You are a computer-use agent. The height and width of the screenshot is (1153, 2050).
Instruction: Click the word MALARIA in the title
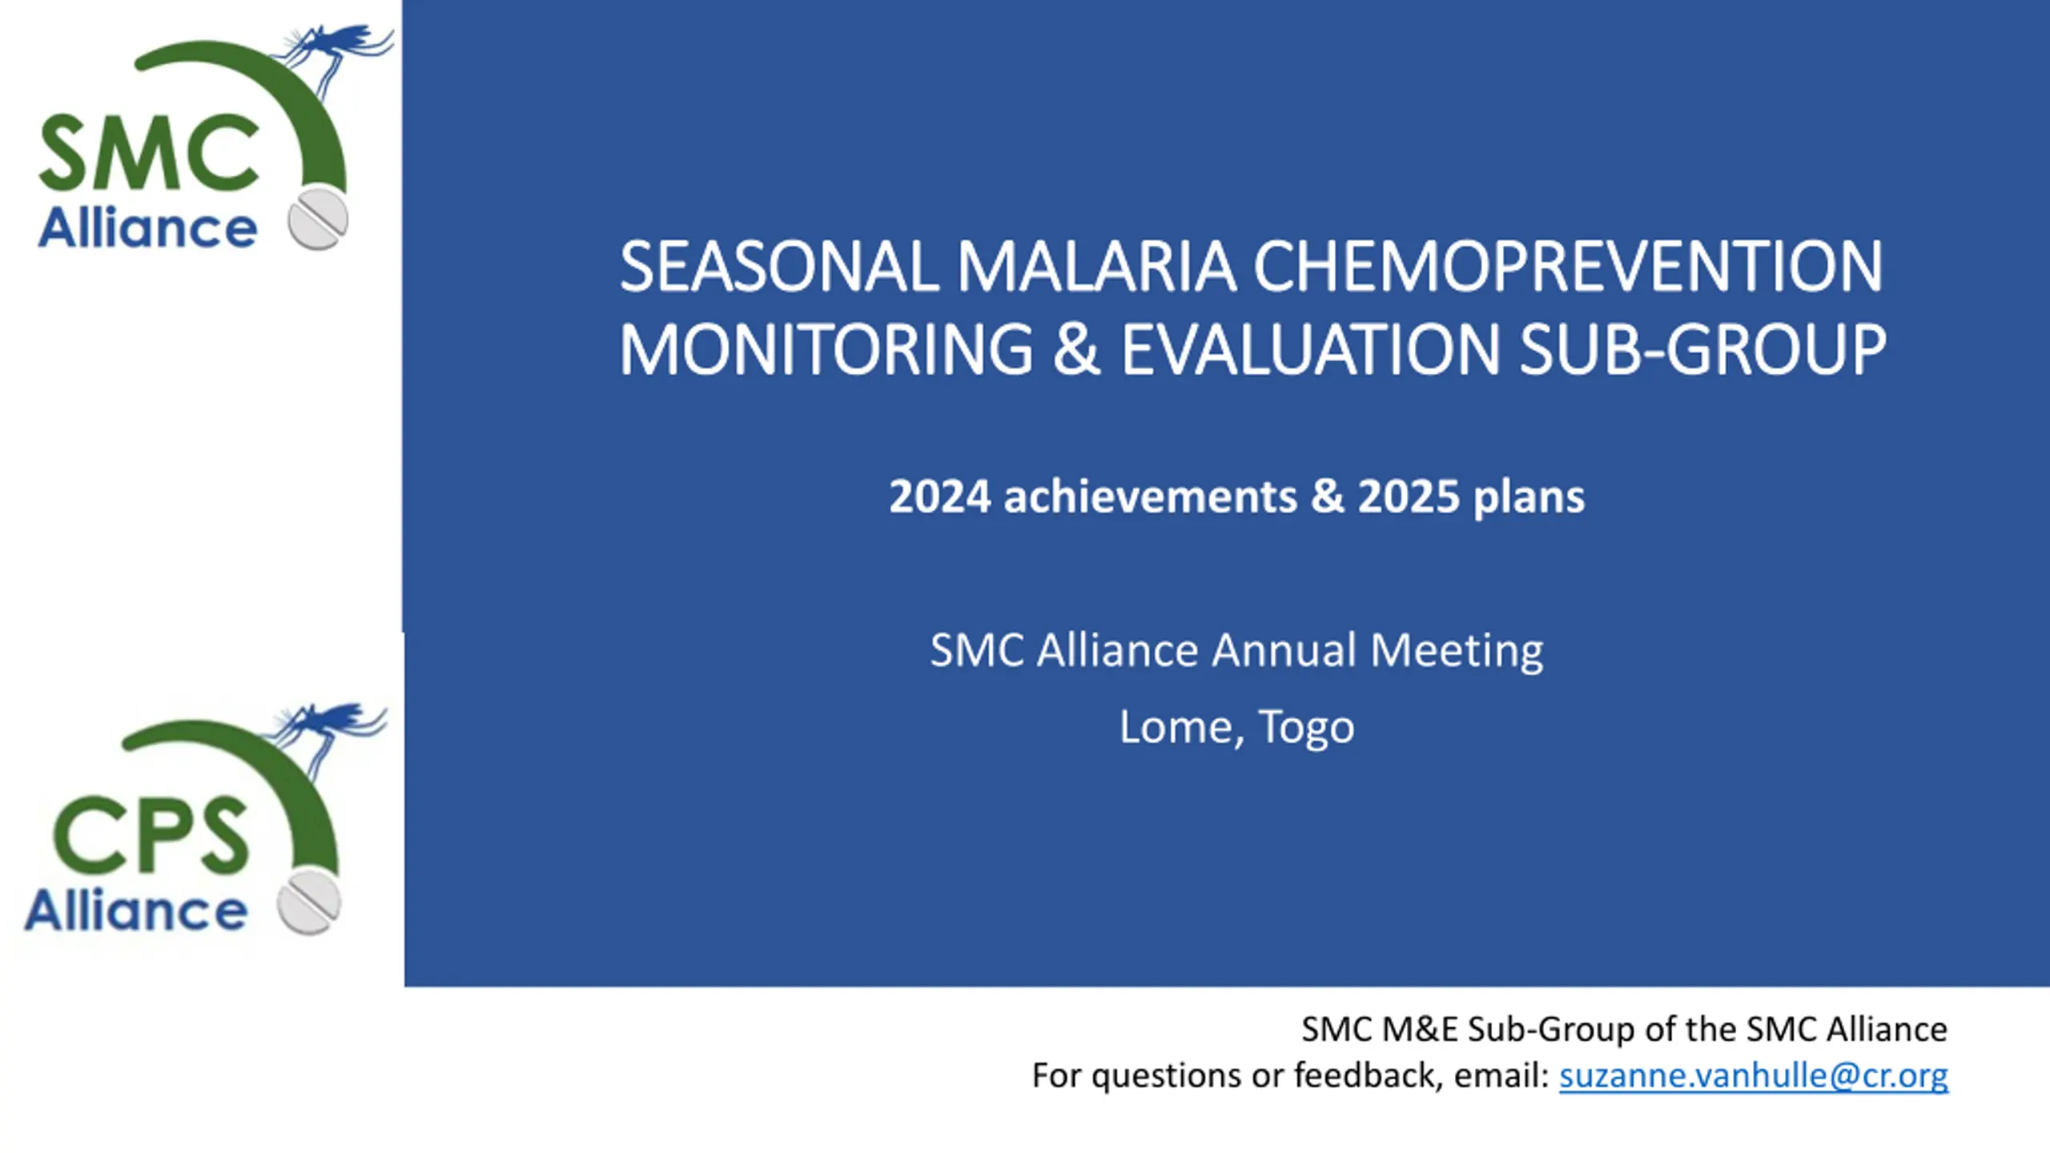tap(1095, 267)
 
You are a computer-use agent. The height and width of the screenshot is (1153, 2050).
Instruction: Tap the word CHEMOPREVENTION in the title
tap(1568, 267)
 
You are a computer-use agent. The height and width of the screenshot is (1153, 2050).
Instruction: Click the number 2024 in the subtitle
tap(940, 496)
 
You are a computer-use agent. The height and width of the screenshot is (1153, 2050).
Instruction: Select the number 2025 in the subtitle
tap(1409, 496)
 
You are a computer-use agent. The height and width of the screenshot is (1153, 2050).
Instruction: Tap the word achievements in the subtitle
tap(1150, 496)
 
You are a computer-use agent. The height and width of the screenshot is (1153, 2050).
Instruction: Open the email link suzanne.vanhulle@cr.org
tap(1754, 1075)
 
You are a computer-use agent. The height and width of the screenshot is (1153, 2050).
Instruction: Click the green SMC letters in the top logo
tap(149, 153)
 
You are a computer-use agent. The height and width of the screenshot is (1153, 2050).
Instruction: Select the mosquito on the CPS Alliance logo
tap(328, 729)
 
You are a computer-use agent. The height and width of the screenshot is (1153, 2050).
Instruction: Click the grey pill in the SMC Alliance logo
tap(318, 219)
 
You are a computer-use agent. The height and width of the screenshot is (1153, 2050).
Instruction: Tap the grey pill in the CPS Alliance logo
tap(309, 902)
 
